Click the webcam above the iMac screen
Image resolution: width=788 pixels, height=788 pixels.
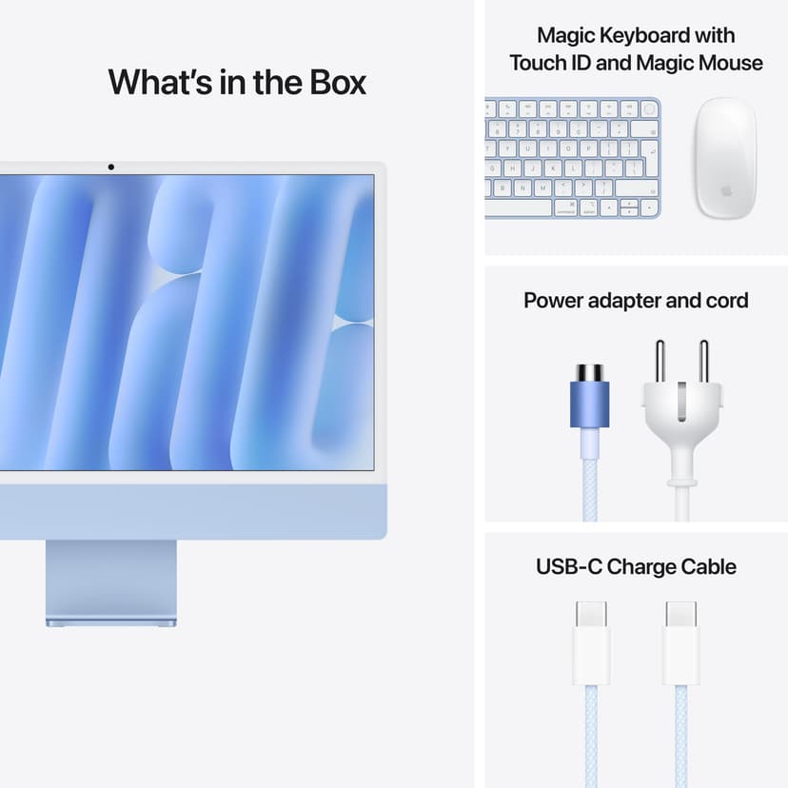tap(111, 167)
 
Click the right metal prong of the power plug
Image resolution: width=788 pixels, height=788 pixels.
tap(703, 362)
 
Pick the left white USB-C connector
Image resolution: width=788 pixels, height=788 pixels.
tap(591, 642)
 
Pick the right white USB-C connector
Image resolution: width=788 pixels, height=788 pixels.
tap(681, 642)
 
